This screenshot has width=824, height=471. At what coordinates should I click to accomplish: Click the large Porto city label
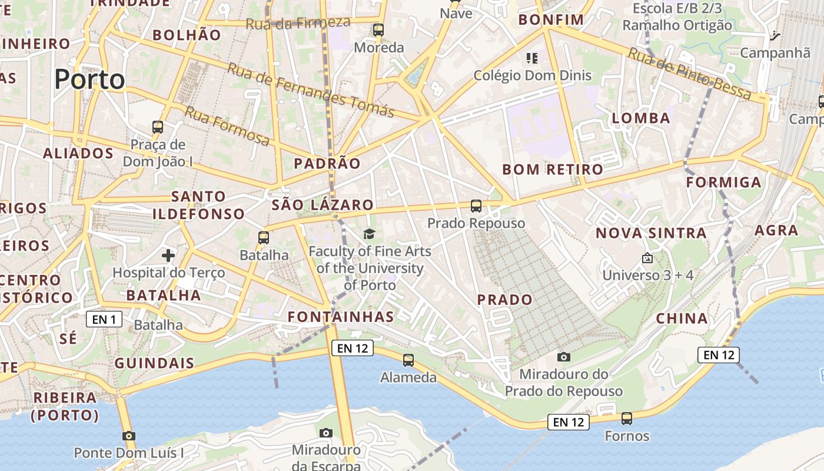coord(89,79)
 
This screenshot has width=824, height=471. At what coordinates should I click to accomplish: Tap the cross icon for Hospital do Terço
coord(168,256)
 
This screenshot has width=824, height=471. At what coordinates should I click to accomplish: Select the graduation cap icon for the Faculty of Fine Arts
coord(369,234)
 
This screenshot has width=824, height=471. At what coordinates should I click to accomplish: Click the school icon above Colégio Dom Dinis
coord(532,58)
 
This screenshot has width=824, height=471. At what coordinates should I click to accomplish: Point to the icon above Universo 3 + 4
coord(647,258)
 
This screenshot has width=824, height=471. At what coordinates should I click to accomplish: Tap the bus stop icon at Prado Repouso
coord(476,206)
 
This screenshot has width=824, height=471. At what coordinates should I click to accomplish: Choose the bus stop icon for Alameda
coord(408,360)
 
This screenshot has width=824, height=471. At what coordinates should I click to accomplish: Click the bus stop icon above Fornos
coord(627,419)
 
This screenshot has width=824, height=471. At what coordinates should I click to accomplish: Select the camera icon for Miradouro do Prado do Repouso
coord(564,357)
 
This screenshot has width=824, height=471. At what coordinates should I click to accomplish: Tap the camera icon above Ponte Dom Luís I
coord(128,436)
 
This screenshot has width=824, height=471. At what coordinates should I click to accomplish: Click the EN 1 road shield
coord(104,320)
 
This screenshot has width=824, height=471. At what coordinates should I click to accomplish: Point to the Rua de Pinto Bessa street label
coord(689,74)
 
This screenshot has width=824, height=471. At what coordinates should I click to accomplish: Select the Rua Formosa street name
coord(227,126)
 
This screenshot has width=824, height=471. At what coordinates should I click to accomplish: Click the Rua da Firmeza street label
coord(298,23)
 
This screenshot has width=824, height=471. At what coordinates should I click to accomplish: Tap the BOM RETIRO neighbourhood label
coord(553,170)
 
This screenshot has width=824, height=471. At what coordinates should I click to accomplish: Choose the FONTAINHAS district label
coord(341,317)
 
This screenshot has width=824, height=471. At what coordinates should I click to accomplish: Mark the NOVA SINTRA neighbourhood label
coord(651,233)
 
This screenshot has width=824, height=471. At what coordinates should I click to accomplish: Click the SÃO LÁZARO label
coord(323,205)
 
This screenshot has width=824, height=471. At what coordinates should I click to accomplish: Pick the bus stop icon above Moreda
coord(378,29)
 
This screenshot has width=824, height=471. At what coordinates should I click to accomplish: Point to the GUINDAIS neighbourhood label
coord(154,363)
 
